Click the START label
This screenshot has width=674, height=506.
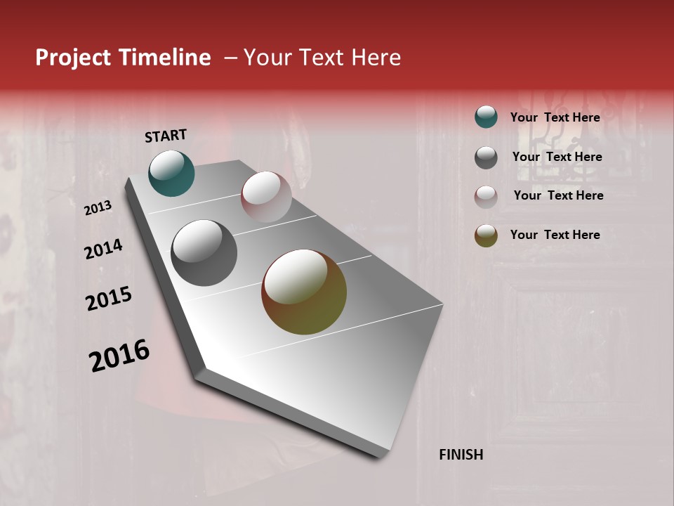pos(166,136)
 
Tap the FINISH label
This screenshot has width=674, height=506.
pos(461,455)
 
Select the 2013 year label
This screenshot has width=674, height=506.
pos(98,207)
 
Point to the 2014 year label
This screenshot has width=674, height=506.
pos(103,249)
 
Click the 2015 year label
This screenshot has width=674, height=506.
pos(109,299)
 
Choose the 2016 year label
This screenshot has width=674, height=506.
pos(119,356)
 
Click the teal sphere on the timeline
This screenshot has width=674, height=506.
pos(171,173)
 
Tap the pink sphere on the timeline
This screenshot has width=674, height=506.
pos(266,197)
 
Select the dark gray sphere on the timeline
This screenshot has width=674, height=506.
pos(204,253)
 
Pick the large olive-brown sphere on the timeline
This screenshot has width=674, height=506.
pos(304,292)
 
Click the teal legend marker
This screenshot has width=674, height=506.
pos(486,117)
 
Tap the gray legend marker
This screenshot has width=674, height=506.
pos(486,157)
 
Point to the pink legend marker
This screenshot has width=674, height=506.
pos(486,197)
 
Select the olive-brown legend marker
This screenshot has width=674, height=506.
pos(486,236)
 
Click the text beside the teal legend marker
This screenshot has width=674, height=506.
pos(555,117)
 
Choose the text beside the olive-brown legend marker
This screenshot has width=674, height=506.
pos(555,235)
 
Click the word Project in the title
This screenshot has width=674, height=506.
pos(73,58)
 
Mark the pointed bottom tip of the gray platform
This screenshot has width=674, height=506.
pos(383,457)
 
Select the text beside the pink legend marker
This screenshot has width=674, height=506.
pos(558,195)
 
